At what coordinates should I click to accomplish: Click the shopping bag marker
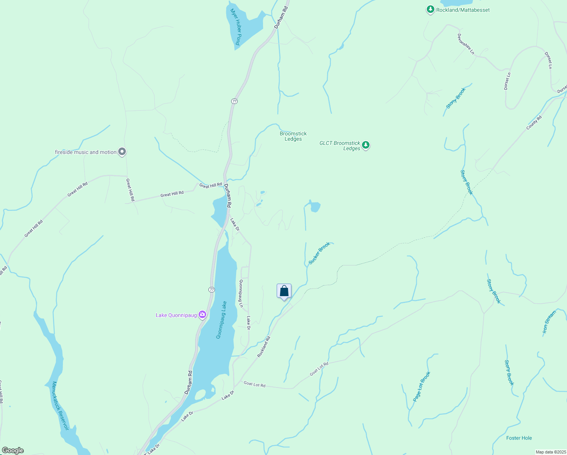[x=284, y=291]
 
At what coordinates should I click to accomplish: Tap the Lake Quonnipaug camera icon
[x=202, y=315]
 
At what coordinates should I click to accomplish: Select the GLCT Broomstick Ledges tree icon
[x=366, y=145]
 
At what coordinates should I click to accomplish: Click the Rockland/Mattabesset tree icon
[x=430, y=9]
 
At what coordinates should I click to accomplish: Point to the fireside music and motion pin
[x=122, y=152]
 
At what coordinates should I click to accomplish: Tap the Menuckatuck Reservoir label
[x=60, y=405]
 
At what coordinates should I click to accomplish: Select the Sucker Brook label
[x=319, y=253]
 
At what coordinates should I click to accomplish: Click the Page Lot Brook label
[x=421, y=386]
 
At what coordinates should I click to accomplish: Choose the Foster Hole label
[x=519, y=438]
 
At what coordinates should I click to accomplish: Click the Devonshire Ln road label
[x=466, y=44]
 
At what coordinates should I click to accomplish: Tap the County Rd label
[x=534, y=122]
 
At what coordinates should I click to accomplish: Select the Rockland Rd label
[x=264, y=347]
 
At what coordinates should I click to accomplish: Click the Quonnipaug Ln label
[x=241, y=293]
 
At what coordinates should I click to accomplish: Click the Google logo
[x=13, y=450]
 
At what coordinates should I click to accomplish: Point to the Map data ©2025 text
[x=550, y=452]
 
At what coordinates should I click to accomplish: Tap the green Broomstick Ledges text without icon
[x=293, y=136]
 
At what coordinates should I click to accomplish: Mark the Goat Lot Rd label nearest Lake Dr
[x=254, y=384]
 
